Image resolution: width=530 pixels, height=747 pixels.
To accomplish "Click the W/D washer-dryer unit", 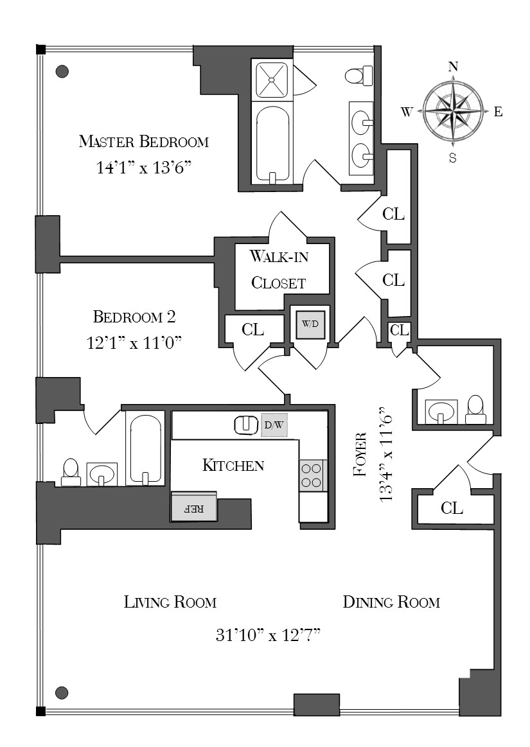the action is point(310,324).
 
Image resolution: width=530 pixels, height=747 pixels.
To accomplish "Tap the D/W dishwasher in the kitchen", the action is point(274,425).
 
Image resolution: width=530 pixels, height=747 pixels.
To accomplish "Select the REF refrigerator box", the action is point(194,507).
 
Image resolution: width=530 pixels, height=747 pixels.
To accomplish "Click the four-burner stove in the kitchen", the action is point(313,475).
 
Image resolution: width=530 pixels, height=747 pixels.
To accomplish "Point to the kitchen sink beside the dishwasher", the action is point(247,425).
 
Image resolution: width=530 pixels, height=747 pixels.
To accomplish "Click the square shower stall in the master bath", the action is point(272,80).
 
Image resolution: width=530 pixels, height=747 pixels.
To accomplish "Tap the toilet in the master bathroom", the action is point(358,75).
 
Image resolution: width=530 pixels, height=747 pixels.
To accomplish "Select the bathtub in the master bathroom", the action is point(272,145).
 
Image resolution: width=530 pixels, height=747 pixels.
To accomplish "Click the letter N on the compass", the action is point(454,67).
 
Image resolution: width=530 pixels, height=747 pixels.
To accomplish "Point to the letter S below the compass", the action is point(453,158).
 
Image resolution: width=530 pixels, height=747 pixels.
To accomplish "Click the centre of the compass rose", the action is point(454,111).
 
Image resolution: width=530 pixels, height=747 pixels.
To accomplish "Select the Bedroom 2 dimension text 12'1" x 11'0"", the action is point(134,342).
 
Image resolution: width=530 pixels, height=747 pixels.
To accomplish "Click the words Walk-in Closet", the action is point(279,270).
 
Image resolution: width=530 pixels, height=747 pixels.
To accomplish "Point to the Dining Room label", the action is point(391,602).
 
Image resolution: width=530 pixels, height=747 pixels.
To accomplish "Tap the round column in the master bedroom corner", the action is point(62,71).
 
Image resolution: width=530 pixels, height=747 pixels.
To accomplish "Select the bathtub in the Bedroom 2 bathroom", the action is point(145,449).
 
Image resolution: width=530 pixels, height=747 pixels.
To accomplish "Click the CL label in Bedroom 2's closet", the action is point(252,330).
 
